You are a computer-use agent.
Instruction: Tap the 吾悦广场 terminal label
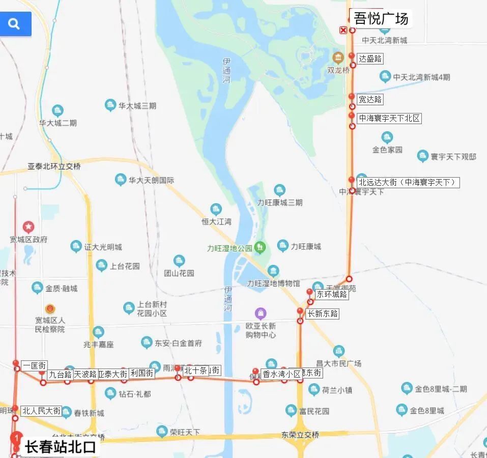point(381,19)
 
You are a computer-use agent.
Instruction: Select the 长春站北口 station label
point(61,447)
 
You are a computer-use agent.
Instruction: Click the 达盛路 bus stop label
point(370,59)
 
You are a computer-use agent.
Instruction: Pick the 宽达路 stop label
point(370,99)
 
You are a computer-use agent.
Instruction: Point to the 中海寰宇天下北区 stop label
point(389,118)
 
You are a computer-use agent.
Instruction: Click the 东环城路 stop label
point(332,294)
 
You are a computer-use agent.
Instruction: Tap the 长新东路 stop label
point(323,313)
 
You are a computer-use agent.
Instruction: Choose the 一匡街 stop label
point(35,365)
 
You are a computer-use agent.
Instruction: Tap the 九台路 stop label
point(60,375)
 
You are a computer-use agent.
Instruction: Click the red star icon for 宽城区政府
point(28,226)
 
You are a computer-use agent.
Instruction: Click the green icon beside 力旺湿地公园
point(260,247)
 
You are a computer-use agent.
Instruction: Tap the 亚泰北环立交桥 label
point(54,166)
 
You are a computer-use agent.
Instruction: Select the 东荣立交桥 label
point(300,435)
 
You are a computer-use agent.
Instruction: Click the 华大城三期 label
point(137,106)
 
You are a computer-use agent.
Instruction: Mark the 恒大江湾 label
point(216,221)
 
